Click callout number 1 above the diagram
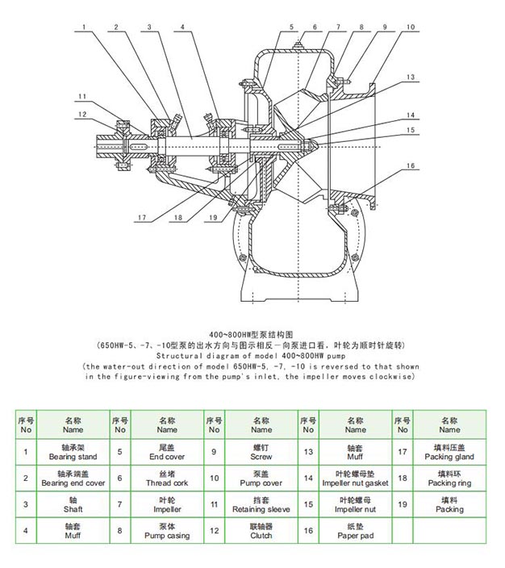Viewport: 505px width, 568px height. click(84, 27)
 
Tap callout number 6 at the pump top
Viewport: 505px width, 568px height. click(315, 27)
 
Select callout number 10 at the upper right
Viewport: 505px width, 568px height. click(411, 27)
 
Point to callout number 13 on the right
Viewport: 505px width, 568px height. click(411, 77)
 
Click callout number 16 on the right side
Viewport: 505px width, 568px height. click(411, 166)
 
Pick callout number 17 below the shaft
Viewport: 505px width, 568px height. click(142, 217)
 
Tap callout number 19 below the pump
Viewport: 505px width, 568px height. click(213, 217)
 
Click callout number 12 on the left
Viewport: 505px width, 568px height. click(82, 115)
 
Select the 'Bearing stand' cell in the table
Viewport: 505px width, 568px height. click(73, 452)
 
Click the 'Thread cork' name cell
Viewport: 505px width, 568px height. click(167, 478)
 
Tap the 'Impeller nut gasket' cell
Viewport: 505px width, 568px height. click(356, 478)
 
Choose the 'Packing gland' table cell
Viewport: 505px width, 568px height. click(449, 452)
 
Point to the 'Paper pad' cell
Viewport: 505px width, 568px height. click(356, 531)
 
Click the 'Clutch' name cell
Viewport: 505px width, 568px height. click(261, 531)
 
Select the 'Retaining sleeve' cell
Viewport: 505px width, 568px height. click(261, 504)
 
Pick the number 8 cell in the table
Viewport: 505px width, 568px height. click(120, 531)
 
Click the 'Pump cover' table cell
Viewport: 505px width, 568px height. click(261, 478)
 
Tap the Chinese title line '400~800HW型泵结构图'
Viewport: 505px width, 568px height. click(251, 335)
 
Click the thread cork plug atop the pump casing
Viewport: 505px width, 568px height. click(298, 45)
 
